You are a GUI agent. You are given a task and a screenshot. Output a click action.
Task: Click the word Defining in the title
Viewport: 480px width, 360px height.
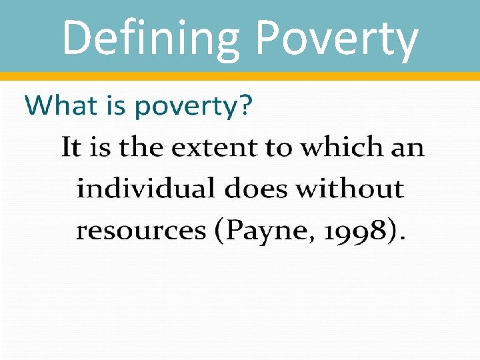(x=149, y=37)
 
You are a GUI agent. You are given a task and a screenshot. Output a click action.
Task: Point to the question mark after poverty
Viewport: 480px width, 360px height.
(x=245, y=105)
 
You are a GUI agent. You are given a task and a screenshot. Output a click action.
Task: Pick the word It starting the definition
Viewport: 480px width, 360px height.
(x=71, y=147)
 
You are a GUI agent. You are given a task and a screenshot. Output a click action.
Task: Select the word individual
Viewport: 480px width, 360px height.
(x=145, y=189)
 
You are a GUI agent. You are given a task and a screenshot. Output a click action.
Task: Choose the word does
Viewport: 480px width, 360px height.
(x=257, y=189)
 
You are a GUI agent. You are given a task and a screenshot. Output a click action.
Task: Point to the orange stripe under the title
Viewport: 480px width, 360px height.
(x=240, y=76)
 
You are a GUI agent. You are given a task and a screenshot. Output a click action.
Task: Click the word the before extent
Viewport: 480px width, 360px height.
(x=142, y=147)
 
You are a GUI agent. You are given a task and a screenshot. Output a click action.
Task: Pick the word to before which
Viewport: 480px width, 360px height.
(x=278, y=147)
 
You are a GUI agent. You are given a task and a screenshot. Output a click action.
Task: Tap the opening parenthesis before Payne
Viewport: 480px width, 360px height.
(x=219, y=231)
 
